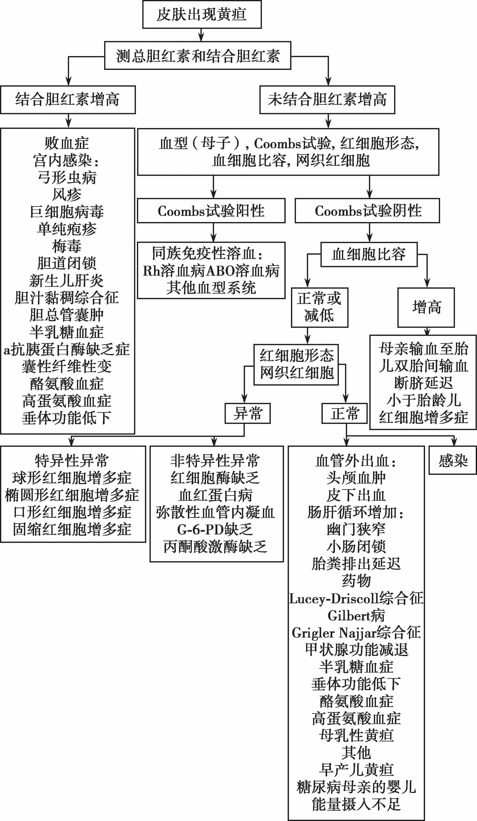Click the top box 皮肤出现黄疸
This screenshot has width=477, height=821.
point(202,15)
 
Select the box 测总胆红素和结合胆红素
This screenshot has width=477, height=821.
point(197,56)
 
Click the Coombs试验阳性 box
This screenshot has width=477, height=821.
point(211,211)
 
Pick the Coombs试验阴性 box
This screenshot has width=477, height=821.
point(367,211)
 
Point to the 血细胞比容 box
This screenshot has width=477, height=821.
point(369,254)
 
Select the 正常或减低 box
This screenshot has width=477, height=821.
point(319,307)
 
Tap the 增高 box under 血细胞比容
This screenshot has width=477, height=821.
point(426,307)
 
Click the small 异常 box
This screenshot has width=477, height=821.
point(248,413)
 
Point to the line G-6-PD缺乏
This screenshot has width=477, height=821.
point(215,529)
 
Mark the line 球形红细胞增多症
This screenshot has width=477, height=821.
point(72,478)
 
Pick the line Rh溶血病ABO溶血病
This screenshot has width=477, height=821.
point(211,271)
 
